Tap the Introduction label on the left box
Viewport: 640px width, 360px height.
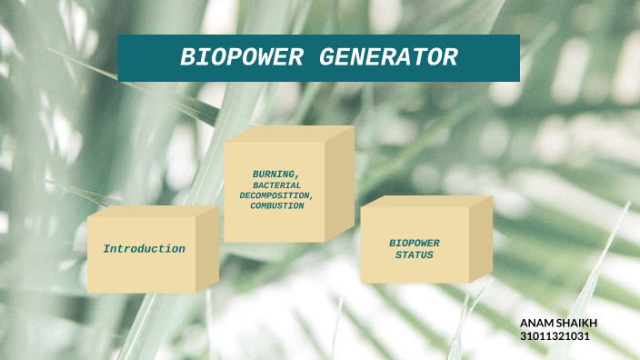[x=144, y=249]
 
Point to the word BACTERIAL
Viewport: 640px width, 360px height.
[x=277, y=185]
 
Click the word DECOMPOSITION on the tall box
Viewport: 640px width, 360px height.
[x=276, y=195]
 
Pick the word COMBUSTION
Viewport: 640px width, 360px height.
[x=277, y=206]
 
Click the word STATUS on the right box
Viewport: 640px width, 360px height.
[x=415, y=255]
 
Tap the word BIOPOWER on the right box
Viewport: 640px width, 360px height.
[x=415, y=244]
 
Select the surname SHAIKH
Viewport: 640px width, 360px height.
[x=578, y=324]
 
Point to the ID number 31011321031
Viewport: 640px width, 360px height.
[x=555, y=336]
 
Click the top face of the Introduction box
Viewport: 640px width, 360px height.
[x=155, y=211]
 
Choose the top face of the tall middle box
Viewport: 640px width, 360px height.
[x=290, y=134]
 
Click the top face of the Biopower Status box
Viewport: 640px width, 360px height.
[x=426, y=201]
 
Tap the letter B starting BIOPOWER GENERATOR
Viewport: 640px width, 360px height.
[x=186, y=58]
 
